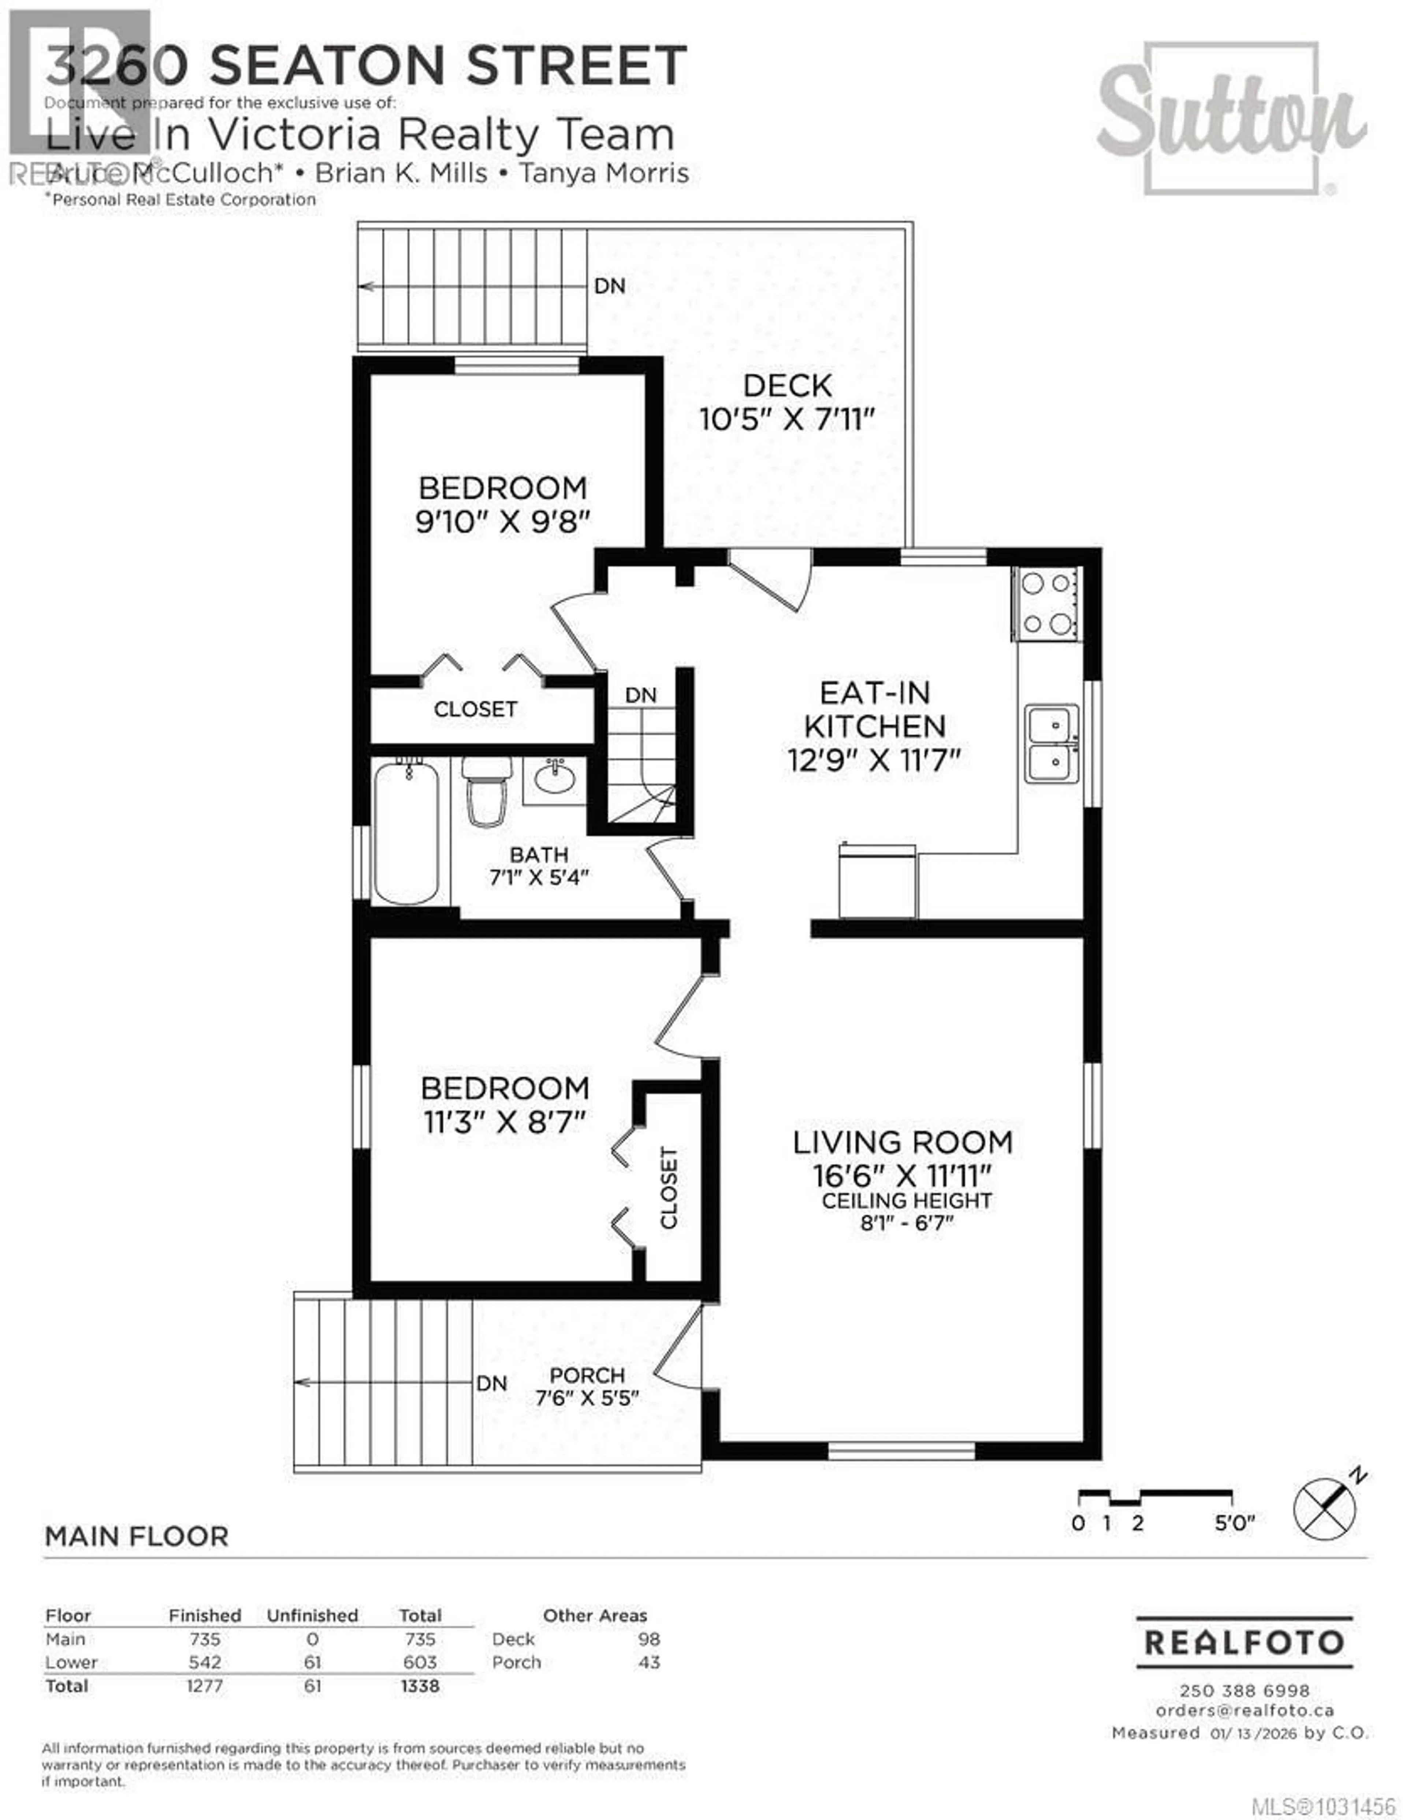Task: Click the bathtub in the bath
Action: point(406,832)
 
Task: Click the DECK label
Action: point(787,386)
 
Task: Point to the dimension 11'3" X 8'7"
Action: point(505,1122)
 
